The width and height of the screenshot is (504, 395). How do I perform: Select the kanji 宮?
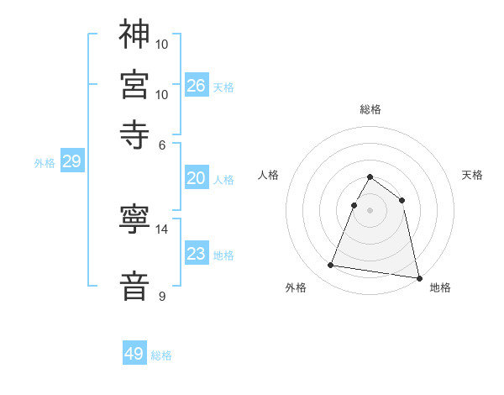[x=135, y=84]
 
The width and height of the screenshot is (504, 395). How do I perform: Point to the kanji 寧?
[x=135, y=219]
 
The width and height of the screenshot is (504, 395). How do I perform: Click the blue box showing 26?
[x=196, y=86]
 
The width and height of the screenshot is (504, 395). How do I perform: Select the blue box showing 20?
[x=196, y=178]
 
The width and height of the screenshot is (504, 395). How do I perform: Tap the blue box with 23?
[x=196, y=255]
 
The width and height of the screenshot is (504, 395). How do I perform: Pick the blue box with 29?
[x=71, y=162]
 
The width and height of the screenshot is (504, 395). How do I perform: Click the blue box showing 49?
[x=134, y=354]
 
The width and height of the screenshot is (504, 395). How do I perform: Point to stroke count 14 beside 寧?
[x=163, y=229]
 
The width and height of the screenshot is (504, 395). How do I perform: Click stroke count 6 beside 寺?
[x=163, y=144]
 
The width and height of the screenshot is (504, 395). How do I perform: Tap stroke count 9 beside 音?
[x=163, y=296]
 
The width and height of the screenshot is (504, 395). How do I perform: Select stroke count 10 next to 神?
[x=163, y=44]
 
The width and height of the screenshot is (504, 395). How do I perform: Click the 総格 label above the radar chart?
[x=370, y=109]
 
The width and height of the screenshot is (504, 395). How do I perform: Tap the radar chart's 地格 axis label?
[x=440, y=287]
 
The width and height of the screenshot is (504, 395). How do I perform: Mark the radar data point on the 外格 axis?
[x=331, y=266]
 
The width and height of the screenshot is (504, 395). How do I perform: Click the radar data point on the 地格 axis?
[x=417, y=277]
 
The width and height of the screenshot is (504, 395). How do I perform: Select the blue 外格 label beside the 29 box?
[x=45, y=163]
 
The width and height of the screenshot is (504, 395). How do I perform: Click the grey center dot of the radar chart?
[x=370, y=209]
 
